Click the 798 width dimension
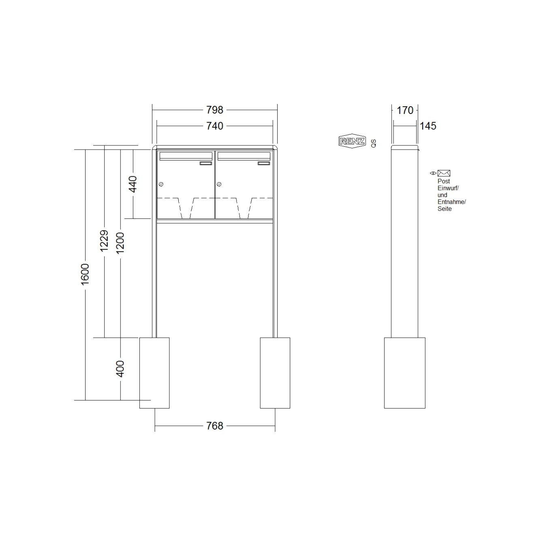click(x=214, y=110)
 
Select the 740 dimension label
click(x=214, y=126)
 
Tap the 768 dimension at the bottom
click(x=214, y=426)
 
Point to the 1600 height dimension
click(x=85, y=274)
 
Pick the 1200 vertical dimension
click(x=120, y=243)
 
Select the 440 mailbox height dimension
click(x=133, y=184)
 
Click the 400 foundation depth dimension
click(x=120, y=368)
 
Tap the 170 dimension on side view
click(x=404, y=110)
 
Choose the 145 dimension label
click(x=428, y=126)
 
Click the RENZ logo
click(x=352, y=141)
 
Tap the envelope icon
click(x=444, y=173)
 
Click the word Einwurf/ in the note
click(x=448, y=188)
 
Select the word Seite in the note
click(x=444, y=209)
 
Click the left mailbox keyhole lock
click(x=161, y=184)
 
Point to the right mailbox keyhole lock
click(x=219, y=184)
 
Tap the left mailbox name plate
click(x=206, y=163)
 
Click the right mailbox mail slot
click(x=244, y=156)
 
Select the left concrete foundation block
click(x=154, y=372)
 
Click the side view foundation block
click(x=404, y=372)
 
